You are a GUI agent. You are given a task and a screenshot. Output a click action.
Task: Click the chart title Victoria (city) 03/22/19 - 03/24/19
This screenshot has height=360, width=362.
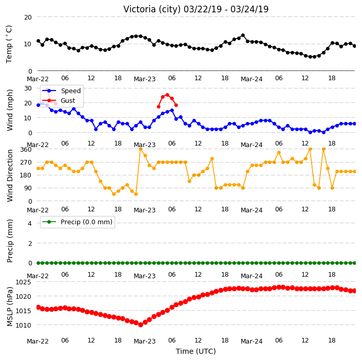[x=196, y=9]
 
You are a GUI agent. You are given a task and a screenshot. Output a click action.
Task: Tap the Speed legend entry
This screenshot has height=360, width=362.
[x=61, y=91]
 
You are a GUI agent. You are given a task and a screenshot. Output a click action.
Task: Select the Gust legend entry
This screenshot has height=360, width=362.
[x=59, y=101]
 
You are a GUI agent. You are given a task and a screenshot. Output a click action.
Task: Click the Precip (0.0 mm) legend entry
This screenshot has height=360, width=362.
[x=78, y=222]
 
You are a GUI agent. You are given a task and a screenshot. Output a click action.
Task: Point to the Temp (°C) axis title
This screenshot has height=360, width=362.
[x=9, y=44]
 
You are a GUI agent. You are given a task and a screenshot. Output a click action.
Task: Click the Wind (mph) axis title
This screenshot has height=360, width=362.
[x=10, y=110]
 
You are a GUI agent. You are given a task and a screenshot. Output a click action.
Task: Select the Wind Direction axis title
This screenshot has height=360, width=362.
[x=10, y=175]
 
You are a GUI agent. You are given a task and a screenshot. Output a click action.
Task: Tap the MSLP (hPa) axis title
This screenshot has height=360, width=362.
[x=10, y=306]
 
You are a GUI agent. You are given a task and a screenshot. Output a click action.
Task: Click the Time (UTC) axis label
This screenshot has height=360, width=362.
[x=196, y=351]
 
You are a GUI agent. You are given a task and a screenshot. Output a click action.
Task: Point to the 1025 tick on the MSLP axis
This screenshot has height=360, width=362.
[x=23, y=282]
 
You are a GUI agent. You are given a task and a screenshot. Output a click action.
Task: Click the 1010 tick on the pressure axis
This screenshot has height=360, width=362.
[x=23, y=325]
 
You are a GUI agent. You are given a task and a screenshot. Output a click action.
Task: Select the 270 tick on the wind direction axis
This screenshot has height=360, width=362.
[x=26, y=163]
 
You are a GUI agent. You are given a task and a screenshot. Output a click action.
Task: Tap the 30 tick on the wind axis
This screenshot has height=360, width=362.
[x=28, y=88]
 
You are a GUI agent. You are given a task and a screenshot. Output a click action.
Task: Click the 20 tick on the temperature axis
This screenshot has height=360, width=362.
[x=28, y=17]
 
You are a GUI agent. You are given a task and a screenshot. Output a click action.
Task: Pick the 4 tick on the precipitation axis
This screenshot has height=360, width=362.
[x=30, y=223]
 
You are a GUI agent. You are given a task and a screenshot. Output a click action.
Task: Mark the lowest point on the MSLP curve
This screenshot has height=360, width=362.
[x=140, y=325]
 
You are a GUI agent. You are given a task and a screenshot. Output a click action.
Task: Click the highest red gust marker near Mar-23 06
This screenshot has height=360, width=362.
[x=168, y=95]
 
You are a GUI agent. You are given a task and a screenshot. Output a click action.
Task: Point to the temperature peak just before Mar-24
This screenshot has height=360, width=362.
[x=243, y=35]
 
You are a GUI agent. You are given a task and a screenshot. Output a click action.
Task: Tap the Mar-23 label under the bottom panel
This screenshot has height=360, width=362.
[x=145, y=341]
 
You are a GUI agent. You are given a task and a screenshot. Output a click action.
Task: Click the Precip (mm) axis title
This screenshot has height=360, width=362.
[x=10, y=241]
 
